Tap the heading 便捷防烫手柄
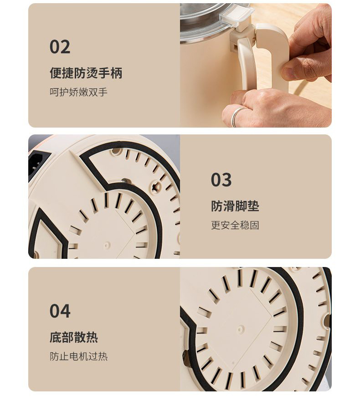coord(86,73)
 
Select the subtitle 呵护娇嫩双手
coord(79,92)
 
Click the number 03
coord(221,180)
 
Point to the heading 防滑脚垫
coord(235,206)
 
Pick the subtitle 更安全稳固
coord(235,225)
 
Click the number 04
coord(60,311)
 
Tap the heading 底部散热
coord(74,337)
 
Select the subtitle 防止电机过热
coord(79,356)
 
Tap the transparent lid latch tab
coord(237,16)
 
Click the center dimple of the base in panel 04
coord(241,329)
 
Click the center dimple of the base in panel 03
coord(106,245)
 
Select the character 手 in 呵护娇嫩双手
coord(103,92)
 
